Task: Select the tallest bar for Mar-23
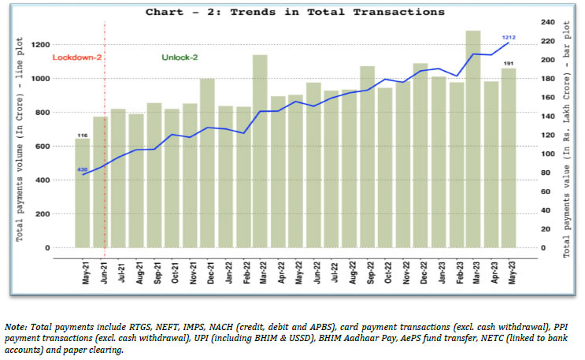pos(473,142)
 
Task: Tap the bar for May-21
pos(82,193)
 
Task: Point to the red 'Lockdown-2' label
pos(78,58)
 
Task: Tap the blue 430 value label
pos(82,169)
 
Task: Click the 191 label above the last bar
pos(509,63)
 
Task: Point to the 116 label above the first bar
pos(82,135)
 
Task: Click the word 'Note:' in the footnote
pos(17,326)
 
